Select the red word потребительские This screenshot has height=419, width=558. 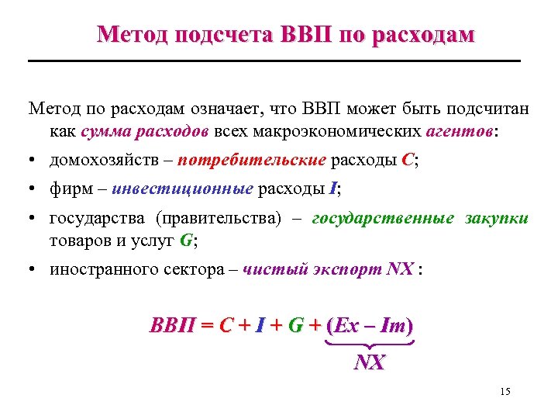coord(252,161)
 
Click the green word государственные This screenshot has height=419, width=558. coord(383,219)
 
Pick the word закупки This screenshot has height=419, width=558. coord(497,219)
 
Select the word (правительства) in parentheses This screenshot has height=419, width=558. coord(220,219)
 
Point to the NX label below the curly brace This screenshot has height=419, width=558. coord(370,362)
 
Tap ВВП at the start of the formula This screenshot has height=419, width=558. coord(172,325)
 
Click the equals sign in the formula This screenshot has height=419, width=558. coord(207,325)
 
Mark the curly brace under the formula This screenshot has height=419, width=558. coord(370,343)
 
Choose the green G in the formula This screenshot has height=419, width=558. coord(295,325)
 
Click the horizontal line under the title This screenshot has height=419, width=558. coord(274,61)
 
